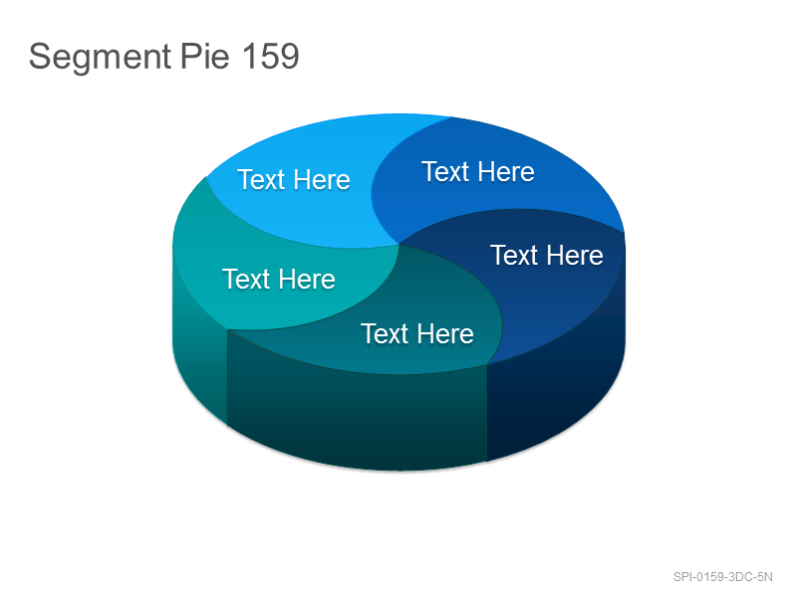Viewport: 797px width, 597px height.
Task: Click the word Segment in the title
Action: [x=100, y=58]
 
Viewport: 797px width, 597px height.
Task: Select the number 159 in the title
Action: [x=270, y=56]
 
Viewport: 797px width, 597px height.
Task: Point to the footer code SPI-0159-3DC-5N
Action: [x=723, y=577]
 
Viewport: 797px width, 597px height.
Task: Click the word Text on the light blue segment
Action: [x=261, y=179]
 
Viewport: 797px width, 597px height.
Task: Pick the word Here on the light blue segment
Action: [x=322, y=180]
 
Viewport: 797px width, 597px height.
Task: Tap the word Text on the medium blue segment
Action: [x=445, y=171]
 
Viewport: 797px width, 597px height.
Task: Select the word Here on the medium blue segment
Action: [x=506, y=171]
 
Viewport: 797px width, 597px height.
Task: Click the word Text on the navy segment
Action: [x=514, y=255]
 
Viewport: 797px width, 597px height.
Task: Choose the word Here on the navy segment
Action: [x=575, y=255]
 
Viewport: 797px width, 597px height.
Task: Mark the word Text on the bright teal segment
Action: [x=246, y=279]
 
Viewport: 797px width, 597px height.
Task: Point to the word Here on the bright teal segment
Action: [x=307, y=280]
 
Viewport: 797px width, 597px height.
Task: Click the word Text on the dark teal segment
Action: [x=385, y=333]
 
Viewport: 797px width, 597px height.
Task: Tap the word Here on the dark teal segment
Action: [x=445, y=334]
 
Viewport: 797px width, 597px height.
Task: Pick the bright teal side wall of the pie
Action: [x=199, y=355]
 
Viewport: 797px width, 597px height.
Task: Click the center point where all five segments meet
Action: [x=399, y=245]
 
